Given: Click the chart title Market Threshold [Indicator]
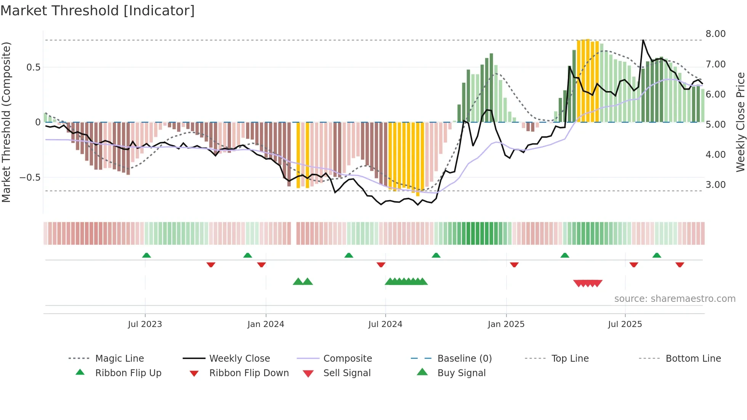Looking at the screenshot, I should click(98, 11).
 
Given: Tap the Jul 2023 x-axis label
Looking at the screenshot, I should click(145, 324).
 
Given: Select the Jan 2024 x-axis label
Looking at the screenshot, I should click(266, 324).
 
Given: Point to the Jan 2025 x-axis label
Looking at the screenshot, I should click(506, 324).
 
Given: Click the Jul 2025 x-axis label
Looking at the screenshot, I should click(625, 324).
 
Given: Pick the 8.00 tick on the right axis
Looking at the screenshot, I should click(715, 34).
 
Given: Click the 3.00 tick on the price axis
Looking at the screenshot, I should click(715, 185).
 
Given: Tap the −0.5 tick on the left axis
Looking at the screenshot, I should click(30, 178).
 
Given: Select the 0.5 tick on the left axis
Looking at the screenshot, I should click(33, 67).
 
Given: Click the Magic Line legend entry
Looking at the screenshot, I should click(119, 359).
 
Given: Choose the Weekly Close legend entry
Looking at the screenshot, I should click(239, 359).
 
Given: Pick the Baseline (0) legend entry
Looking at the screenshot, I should click(464, 359).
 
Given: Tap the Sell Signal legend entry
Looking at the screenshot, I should click(347, 373).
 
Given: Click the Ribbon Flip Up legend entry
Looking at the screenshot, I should click(128, 373).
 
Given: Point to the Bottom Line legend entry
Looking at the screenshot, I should click(693, 359).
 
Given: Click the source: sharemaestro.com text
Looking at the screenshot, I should click(675, 299).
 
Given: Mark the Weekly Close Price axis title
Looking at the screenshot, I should click(740, 122).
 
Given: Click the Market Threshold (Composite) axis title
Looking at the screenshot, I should click(6, 122).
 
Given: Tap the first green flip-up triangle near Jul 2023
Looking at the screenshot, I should click(146, 255).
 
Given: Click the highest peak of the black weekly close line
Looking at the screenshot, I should click(643, 40).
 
